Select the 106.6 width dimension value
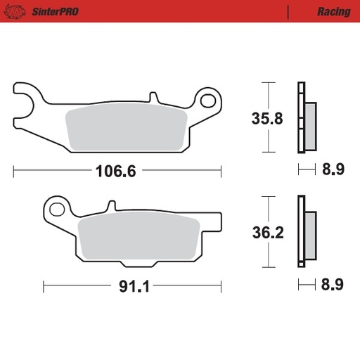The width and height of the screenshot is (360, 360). (x=115, y=171)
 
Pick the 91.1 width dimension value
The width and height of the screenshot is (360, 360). (x=129, y=286)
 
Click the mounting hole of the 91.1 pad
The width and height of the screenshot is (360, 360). (x=57, y=208)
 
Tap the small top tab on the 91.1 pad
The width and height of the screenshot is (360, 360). (x=110, y=207)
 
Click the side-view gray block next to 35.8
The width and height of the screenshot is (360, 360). (x=310, y=125)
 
